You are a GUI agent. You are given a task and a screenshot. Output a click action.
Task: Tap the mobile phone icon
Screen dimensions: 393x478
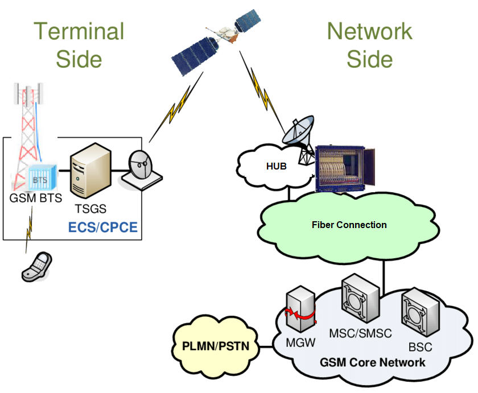(x=37, y=267)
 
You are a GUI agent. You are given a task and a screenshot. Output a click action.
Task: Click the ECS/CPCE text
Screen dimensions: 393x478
(x=104, y=228)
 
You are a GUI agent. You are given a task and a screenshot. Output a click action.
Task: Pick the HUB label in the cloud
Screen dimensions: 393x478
(x=278, y=166)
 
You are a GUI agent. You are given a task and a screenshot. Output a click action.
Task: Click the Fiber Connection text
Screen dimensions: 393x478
(x=349, y=225)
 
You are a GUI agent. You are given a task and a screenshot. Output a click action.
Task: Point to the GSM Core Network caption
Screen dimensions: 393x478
(x=373, y=362)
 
